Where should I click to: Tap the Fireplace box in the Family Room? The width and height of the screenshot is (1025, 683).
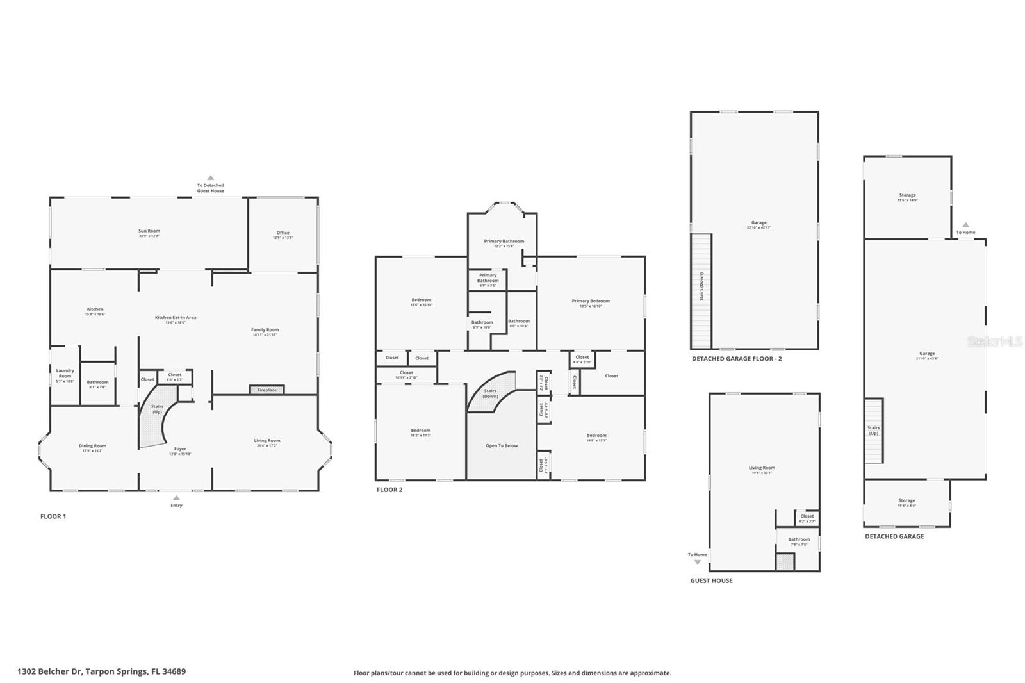(x=266, y=390)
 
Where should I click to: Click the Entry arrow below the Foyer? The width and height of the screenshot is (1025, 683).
(x=176, y=498)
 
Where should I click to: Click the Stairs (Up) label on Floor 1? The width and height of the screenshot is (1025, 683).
(x=157, y=409)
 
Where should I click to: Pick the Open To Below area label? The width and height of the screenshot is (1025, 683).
(x=502, y=445)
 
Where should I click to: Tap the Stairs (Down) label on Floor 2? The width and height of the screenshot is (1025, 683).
(x=490, y=393)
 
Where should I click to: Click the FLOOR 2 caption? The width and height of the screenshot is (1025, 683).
(x=389, y=490)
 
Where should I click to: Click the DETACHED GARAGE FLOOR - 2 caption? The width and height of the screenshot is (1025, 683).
(x=737, y=359)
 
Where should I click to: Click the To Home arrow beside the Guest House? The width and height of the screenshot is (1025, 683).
(x=698, y=561)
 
